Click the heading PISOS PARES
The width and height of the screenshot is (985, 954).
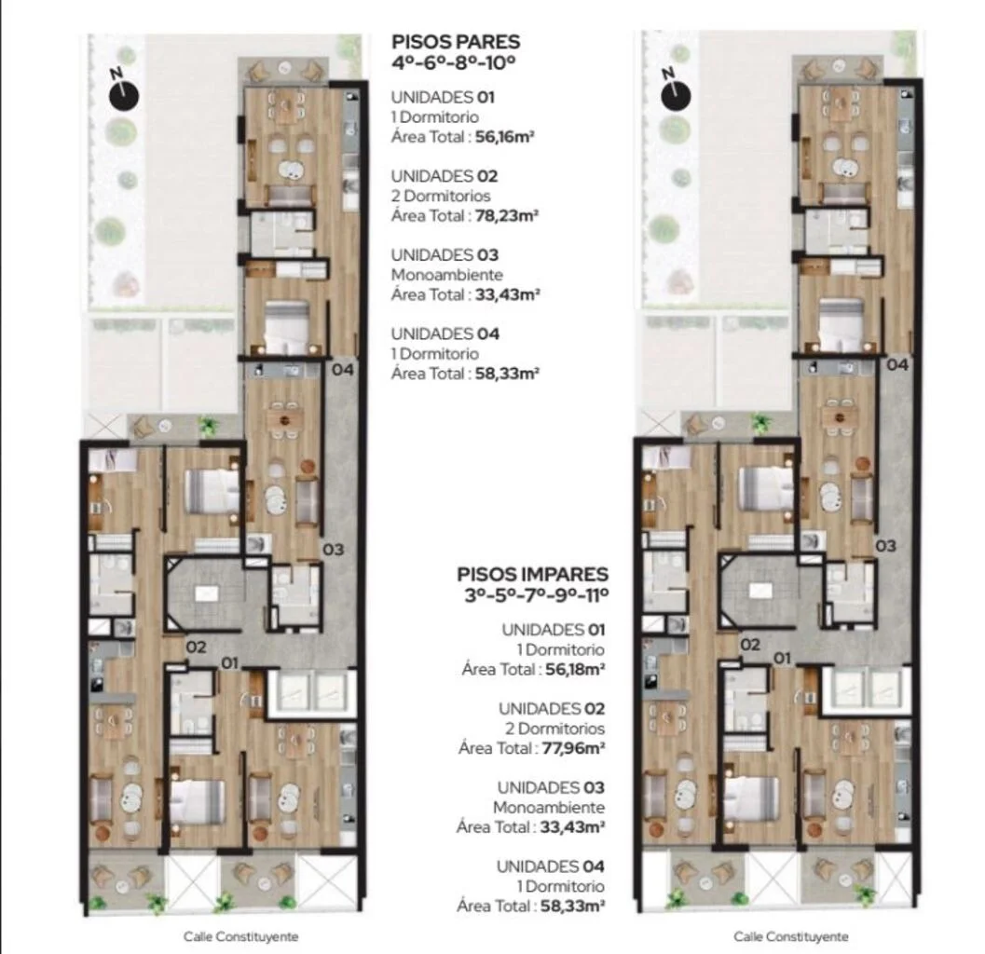456,42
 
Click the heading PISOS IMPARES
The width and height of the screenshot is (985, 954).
533,575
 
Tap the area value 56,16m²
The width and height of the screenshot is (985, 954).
504,136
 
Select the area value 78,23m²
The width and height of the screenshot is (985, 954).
507,215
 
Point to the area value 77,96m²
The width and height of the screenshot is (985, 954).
574,748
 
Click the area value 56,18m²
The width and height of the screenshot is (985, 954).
575,669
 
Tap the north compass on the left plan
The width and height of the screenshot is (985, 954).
124,94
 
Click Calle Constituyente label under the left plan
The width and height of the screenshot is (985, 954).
241,936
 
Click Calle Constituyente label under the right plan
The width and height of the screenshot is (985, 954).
791,936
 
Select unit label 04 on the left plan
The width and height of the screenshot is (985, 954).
343,369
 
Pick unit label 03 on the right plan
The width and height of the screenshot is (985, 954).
885,546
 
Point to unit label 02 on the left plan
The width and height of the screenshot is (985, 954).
196,647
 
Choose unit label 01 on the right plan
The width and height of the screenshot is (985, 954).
782,658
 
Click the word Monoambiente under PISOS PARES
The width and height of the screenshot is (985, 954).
446,275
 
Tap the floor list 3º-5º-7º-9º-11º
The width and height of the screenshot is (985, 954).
537,594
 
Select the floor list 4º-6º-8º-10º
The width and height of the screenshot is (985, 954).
454,62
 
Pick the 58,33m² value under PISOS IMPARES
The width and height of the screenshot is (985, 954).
572,906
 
